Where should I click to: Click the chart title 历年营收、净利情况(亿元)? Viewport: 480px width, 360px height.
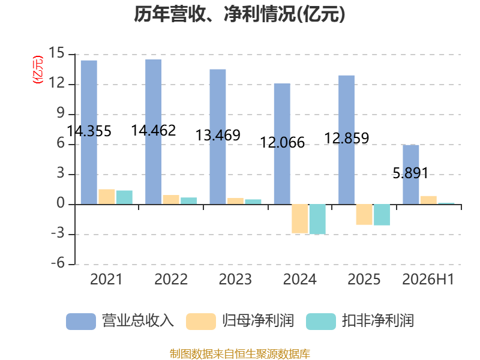[x=239, y=14]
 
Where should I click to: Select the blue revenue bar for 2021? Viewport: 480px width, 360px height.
[x=89, y=132]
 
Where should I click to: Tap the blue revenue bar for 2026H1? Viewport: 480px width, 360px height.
[x=411, y=175]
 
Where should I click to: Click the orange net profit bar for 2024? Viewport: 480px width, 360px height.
[x=299, y=218]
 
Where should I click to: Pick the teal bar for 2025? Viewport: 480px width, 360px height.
[x=382, y=215]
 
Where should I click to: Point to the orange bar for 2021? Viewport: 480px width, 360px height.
[x=107, y=197]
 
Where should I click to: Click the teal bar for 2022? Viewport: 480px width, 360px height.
[x=188, y=201]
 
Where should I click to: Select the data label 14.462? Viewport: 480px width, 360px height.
[x=154, y=131]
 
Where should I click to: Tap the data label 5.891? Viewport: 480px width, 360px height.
[x=410, y=173]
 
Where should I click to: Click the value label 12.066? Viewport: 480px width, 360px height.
[x=282, y=143]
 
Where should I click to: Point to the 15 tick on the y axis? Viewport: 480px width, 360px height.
[x=56, y=53]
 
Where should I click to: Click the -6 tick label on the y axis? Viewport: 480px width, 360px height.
[x=58, y=263]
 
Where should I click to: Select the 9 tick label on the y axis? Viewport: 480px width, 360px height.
[x=61, y=113]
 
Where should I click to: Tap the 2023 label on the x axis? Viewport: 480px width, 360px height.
[x=235, y=279]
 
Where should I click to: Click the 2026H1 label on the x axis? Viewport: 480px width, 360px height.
[x=428, y=279]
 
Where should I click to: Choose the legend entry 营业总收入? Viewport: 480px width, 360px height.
[x=120, y=321]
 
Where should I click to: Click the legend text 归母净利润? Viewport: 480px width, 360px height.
[x=258, y=321]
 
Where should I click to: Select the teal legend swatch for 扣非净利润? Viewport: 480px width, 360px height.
[x=321, y=322]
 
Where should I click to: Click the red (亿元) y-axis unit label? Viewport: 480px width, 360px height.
[x=38, y=70]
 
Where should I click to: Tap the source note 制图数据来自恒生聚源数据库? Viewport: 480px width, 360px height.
[x=240, y=354]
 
